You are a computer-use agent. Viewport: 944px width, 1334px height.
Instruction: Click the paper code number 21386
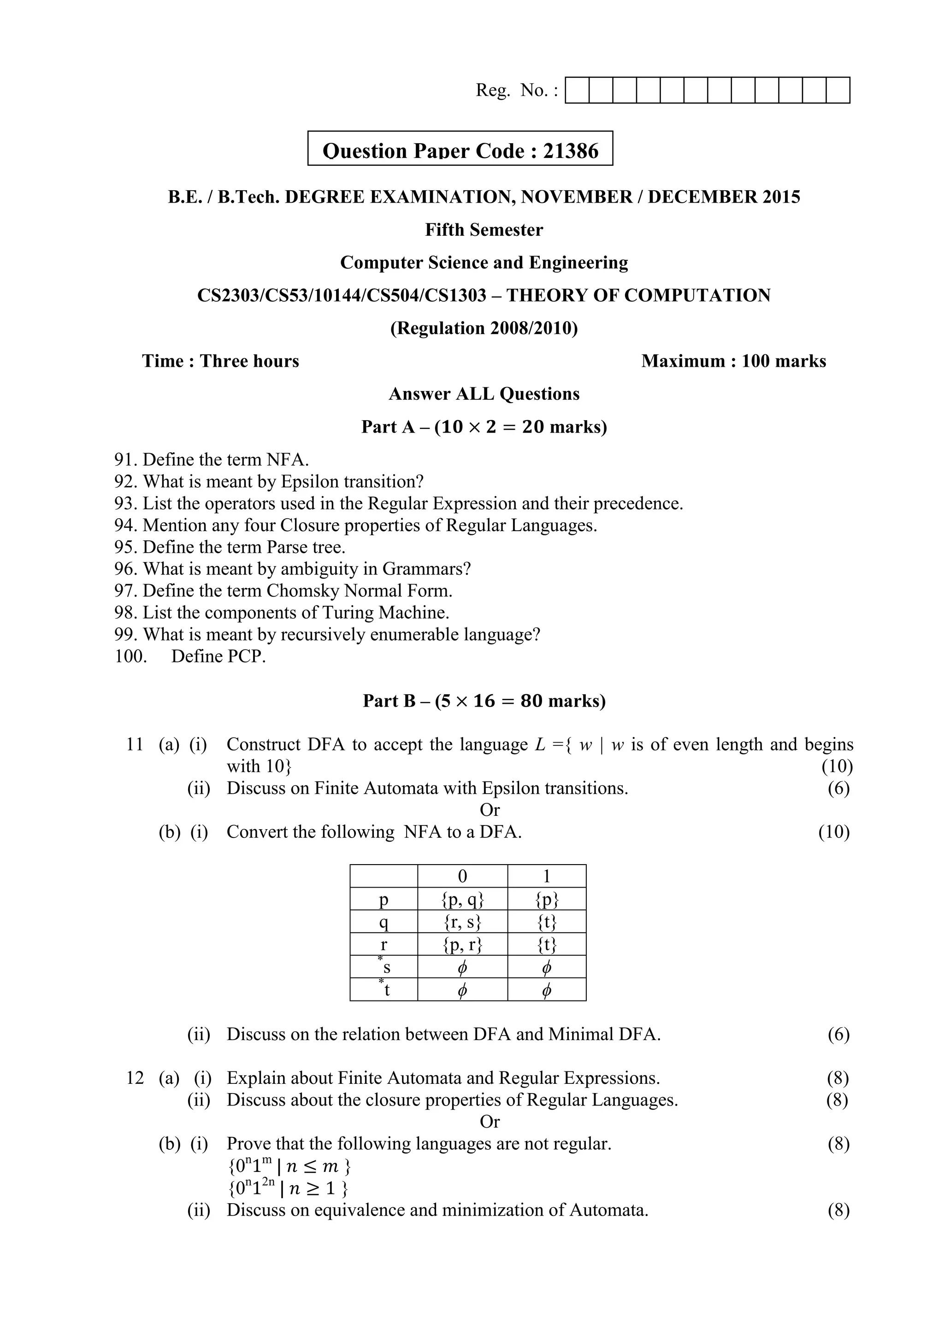click(x=570, y=151)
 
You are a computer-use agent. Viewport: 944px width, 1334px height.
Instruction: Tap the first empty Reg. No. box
click(x=577, y=91)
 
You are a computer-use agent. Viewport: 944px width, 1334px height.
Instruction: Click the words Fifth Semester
click(x=484, y=230)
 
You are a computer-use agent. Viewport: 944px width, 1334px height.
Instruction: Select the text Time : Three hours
click(x=220, y=362)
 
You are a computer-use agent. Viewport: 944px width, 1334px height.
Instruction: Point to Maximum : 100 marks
click(x=733, y=362)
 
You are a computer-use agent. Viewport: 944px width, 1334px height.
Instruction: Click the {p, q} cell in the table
click(x=462, y=900)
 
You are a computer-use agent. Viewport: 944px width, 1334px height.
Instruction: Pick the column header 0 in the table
click(x=462, y=877)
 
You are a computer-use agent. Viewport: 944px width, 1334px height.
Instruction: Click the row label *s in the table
click(x=384, y=967)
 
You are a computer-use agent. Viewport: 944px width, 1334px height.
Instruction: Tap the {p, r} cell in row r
click(x=462, y=945)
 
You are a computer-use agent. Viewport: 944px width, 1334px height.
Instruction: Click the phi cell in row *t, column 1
click(x=546, y=990)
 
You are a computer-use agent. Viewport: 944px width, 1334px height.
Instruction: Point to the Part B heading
click(x=484, y=701)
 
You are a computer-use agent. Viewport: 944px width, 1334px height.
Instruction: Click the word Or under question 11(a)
click(x=490, y=810)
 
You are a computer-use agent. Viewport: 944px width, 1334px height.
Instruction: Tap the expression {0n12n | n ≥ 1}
click(x=288, y=1189)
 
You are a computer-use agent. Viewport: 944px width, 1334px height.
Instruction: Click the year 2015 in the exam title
click(x=781, y=198)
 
